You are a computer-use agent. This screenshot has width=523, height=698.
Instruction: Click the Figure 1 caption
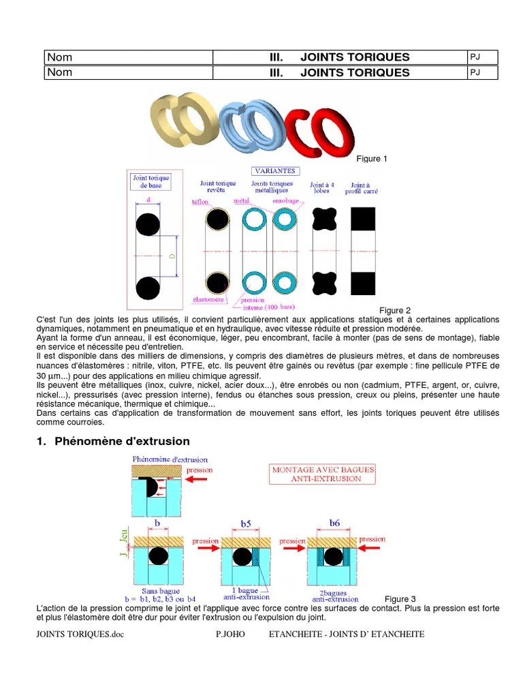click(x=372, y=159)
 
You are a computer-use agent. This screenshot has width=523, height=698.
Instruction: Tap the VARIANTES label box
click(x=274, y=171)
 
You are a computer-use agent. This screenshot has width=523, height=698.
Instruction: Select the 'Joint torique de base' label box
click(x=150, y=181)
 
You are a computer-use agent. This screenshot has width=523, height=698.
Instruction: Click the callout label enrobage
click(x=285, y=202)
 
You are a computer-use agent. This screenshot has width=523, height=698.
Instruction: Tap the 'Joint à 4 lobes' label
click(x=322, y=188)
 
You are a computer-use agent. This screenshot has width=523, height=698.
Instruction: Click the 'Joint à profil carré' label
click(x=364, y=188)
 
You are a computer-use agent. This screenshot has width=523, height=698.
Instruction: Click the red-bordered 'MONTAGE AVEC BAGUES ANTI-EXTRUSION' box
click(x=323, y=474)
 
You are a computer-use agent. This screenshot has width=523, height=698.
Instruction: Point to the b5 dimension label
click(x=245, y=524)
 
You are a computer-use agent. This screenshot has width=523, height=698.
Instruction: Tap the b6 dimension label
click(x=334, y=523)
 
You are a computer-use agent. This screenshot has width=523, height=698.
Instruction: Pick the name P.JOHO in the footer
click(x=229, y=634)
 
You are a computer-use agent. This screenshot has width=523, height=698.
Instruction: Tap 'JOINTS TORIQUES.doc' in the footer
click(x=80, y=634)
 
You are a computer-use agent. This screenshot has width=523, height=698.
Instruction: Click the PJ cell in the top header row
click(x=482, y=57)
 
